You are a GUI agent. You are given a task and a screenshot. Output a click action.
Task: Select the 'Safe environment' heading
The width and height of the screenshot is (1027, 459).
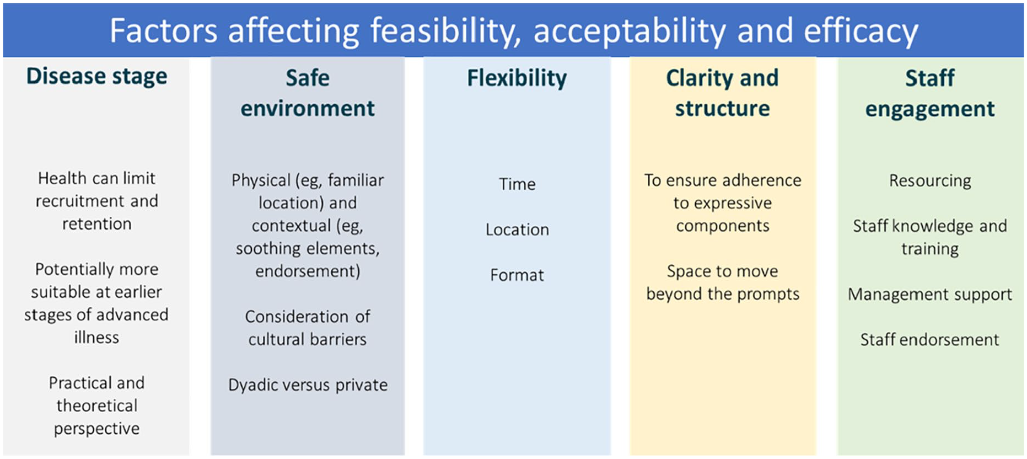pyautogui.click(x=308, y=93)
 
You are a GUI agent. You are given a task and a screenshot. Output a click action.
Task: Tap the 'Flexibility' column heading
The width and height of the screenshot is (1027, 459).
pyautogui.click(x=517, y=78)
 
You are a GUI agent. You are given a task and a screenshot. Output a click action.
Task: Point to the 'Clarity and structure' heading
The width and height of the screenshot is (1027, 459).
pyautogui.click(x=722, y=93)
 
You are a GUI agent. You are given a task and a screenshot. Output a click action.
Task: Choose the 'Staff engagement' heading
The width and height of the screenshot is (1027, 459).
pyautogui.click(x=930, y=93)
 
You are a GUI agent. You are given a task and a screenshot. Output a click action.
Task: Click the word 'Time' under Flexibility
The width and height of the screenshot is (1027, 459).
pyautogui.click(x=517, y=184)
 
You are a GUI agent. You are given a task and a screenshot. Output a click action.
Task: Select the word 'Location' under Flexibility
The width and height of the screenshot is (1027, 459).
pyautogui.click(x=517, y=229)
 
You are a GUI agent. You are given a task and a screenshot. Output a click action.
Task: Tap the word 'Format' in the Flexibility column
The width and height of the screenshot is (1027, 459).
pyautogui.click(x=517, y=275)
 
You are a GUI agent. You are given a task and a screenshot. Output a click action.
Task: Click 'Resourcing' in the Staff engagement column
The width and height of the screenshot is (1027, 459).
pyautogui.click(x=930, y=181)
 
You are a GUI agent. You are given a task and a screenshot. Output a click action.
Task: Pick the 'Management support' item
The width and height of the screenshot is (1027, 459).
pyautogui.click(x=930, y=295)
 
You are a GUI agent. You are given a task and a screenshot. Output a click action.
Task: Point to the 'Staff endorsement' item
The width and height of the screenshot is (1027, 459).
pyautogui.click(x=930, y=339)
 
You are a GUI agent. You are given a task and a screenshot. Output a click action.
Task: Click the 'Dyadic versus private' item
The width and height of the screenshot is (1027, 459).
pyautogui.click(x=308, y=385)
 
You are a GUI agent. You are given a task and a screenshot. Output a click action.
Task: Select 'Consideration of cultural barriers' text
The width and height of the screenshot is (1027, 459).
pyautogui.click(x=308, y=328)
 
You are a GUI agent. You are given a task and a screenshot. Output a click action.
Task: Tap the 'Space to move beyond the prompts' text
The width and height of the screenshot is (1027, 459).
pyautogui.click(x=723, y=282)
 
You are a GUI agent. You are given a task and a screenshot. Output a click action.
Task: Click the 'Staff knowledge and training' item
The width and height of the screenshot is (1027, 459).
pyautogui.click(x=930, y=237)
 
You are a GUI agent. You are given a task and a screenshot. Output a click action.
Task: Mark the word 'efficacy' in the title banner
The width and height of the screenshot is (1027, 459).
pyautogui.click(x=861, y=31)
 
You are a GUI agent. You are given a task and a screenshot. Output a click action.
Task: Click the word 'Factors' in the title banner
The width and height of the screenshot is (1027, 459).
pyautogui.click(x=164, y=30)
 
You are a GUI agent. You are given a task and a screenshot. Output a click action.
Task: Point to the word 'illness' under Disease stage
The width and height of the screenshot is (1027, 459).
pyautogui.click(x=96, y=337)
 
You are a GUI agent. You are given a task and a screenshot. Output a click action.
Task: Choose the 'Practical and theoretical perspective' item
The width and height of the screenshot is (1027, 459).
pyautogui.click(x=96, y=405)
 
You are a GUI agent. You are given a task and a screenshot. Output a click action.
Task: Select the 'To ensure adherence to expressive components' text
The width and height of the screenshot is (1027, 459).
pyautogui.click(x=723, y=203)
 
